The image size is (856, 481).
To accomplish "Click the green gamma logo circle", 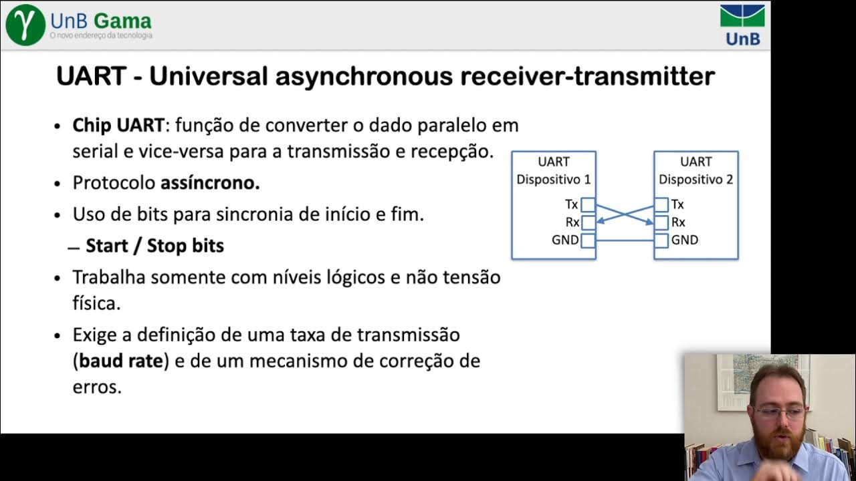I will pos(25,25).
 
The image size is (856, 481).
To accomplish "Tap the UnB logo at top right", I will pos(742,25).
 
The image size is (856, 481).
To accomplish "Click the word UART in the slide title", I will pos(91,76).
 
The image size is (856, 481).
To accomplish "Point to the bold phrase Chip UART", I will pos(118,126).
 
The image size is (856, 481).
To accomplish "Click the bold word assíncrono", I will pos(210,183).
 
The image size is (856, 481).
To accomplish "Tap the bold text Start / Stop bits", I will pos(154,246).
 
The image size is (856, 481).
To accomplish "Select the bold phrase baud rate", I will pos(121,361).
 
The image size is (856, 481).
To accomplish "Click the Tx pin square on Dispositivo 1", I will pos(588,204).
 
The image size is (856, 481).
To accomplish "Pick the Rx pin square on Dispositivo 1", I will pos(588,222).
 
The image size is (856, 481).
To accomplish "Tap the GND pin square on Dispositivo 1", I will pos(588,240).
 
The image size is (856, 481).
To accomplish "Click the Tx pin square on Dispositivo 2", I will pos(661,204).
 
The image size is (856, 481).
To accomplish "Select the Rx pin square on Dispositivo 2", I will pos(661,222).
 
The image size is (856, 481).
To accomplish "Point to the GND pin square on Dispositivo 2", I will pos(661,240).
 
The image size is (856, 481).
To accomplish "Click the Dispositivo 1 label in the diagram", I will pos(553,180).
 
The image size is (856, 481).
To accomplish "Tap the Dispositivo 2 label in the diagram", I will pos(695,180).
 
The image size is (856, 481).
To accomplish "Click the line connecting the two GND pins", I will pos(625,240).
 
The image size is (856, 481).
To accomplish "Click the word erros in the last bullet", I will pos(97,387).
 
